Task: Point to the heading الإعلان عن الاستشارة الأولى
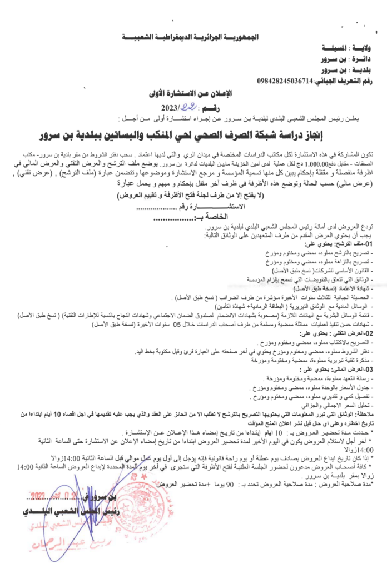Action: tap(191, 93)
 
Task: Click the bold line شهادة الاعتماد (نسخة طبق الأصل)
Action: tap(334, 289)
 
